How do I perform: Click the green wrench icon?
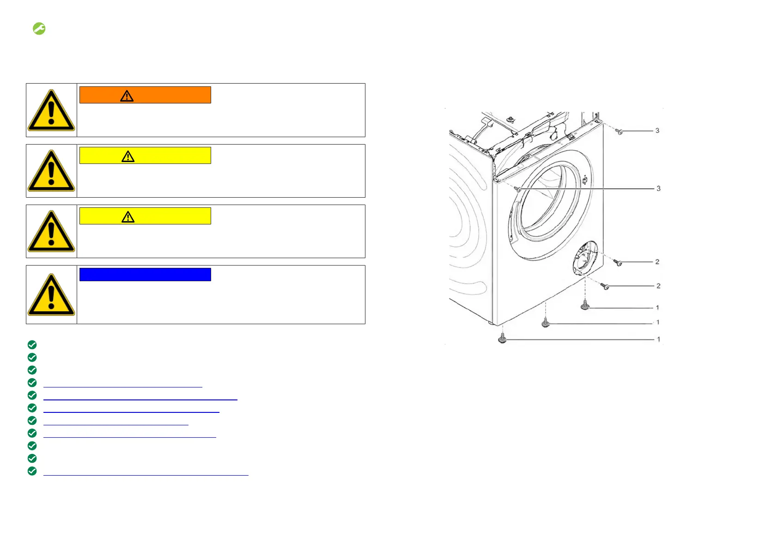coord(39,29)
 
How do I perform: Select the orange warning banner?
coord(145,95)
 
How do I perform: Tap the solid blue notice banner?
coord(145,274)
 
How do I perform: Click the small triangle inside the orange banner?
coord(127,96)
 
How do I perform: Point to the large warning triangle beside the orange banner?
coord(51,110)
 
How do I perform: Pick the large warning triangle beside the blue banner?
coord(51,295)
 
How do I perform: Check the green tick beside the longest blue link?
coord(32,471)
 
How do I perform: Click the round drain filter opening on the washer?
coord(584,258)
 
